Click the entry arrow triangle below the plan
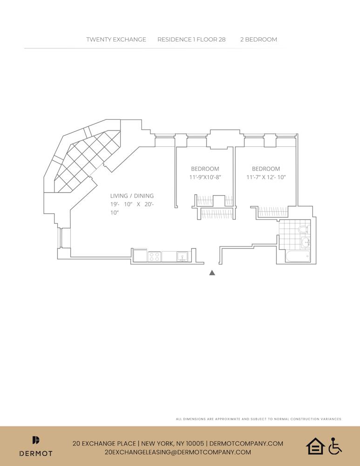pos(212,273)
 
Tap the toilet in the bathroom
pos(303,229)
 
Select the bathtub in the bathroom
pos(296,256)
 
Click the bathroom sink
pos(306,242)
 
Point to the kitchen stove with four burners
pos(154,256)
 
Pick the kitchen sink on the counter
pos(182,256)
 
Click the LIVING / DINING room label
pos(132,196)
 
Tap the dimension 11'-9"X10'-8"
pos(205,177)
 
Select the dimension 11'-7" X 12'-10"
pos(266,177)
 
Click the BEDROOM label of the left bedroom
pos(205,169)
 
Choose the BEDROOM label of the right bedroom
pos(266,169)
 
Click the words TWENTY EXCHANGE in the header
pos(116,40)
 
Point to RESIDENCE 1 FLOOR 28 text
pos(191,40)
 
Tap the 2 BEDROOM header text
pos(258,40)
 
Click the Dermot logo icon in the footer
pos(36,440)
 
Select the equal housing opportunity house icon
pos(315,446)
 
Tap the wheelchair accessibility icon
pos(335,446)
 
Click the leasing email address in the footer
pos(178,452)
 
